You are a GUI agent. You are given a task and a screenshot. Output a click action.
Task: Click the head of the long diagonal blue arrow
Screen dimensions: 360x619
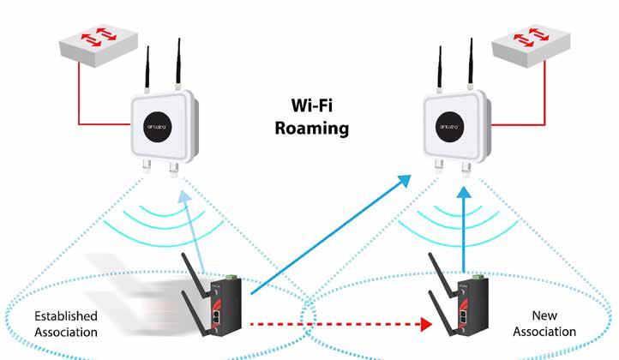click(403, 183)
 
